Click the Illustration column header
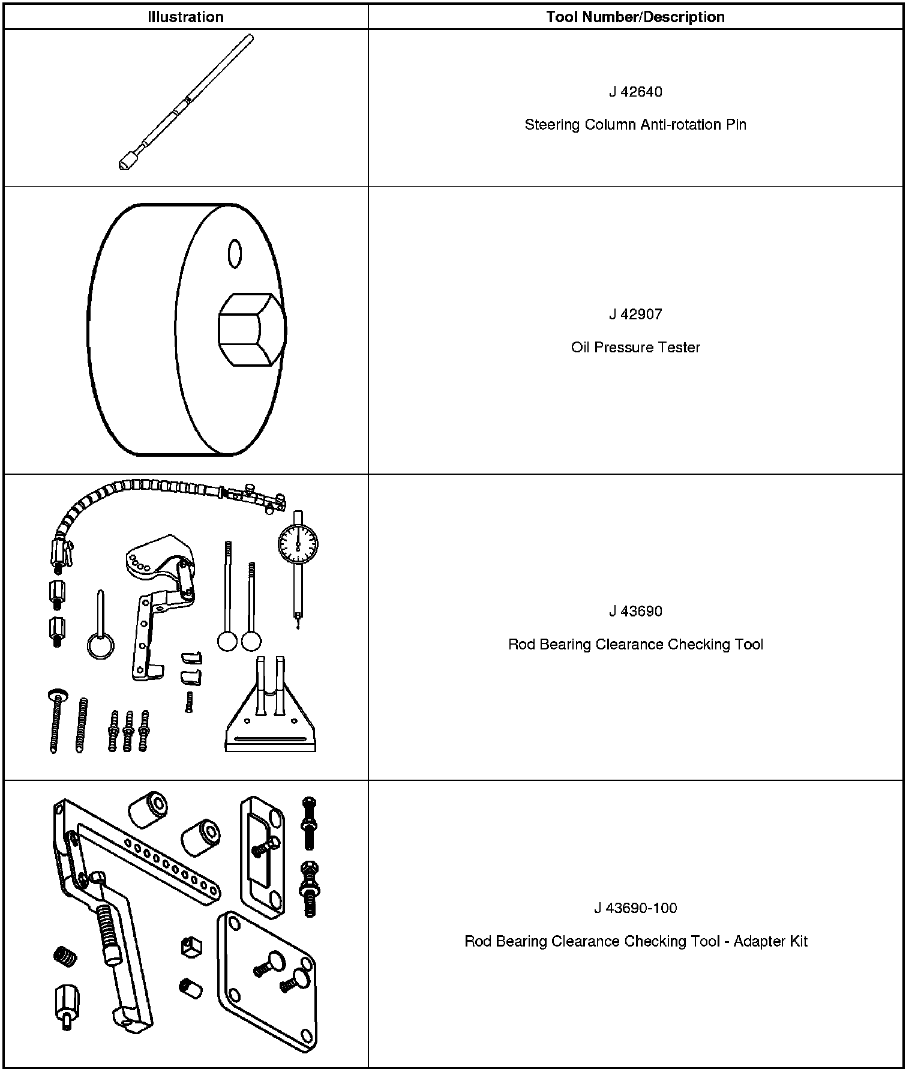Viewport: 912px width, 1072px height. tap(185, 17)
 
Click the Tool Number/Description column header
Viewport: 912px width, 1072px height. tap(635, 17)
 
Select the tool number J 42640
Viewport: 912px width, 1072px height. tap(635, 92)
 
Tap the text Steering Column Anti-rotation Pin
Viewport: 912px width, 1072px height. tap(635, 125)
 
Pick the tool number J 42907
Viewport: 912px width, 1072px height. tap(635, 314)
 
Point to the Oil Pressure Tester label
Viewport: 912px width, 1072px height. tap(635, 347)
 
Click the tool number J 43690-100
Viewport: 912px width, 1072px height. tap(635, 908)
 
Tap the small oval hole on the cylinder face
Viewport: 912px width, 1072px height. tap(234, 253)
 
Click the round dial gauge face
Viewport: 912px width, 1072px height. tap(298, 544)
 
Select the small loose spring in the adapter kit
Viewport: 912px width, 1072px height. tap(64, 956)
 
